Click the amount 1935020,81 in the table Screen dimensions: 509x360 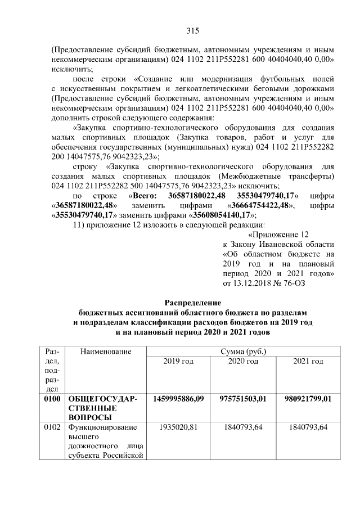click(178, 426)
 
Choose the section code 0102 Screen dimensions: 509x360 click(52, 426)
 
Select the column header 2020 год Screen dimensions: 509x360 click(243, 361)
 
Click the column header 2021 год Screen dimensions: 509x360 click(308, 361)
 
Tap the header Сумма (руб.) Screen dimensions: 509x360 click(243, 352)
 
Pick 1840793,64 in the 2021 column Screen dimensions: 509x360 click(308, 426)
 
